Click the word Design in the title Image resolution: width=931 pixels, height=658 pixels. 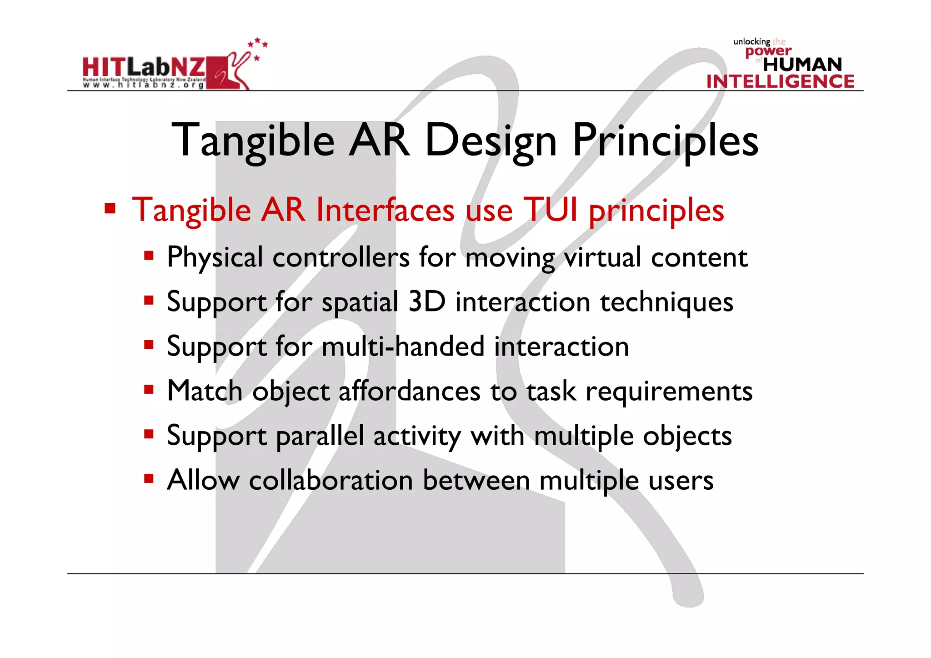[x=491, y=141]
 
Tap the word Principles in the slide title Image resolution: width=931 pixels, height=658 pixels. [x=665, y=141]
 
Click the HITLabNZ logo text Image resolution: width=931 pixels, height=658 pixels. [x=143, y=68]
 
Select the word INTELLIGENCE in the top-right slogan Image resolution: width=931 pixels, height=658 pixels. [x=780, y=82]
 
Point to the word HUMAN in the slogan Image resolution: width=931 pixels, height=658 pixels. [x=802, y=65]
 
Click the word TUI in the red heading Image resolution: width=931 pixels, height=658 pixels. [x=551, y=210]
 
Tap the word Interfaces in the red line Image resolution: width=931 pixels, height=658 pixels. [x=385, y=210]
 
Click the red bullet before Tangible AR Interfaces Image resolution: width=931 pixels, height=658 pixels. [x=110, y=209]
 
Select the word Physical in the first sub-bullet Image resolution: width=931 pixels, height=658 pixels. [x=215, y=257]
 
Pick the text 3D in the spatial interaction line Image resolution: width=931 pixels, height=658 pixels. [x=426, y=301]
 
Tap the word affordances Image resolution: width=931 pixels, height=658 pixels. [x=409, y=391]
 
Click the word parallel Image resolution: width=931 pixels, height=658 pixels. [x=320, y=436]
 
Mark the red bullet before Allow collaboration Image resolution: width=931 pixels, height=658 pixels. [x=149, y=478]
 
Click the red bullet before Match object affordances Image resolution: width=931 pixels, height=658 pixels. [x=149, y=389]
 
